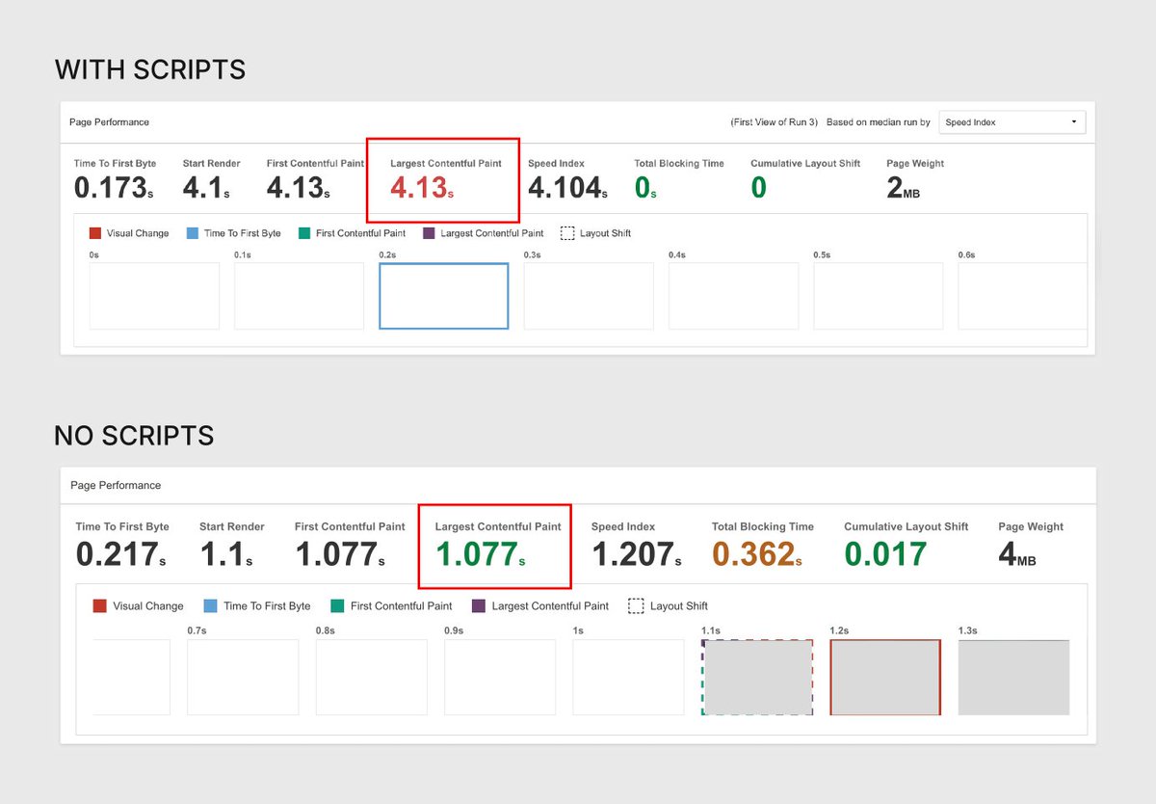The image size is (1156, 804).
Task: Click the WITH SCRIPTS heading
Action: point(150,70)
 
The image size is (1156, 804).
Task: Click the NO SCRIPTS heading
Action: point(134,436)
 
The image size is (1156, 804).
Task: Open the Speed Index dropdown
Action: point(1011,122)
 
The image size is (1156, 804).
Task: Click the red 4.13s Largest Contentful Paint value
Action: point(422,187)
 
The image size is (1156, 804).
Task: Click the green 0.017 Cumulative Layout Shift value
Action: point(885,553)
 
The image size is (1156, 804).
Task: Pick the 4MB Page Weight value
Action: point(1017,554)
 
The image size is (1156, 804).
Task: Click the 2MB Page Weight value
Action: point(903,188)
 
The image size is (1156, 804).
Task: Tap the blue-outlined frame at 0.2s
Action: point(443,296)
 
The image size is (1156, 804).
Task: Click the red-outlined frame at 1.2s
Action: point(885,677)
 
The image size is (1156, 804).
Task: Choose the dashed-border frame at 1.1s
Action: point(757,677)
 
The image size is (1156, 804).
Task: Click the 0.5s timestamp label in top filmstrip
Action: point(822,255)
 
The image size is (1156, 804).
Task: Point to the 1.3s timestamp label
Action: point(968,630)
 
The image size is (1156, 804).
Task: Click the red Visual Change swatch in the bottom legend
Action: point(99,605)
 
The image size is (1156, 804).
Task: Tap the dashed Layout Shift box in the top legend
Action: point(567,233)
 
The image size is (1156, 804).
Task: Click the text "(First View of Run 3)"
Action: point(775,122)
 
